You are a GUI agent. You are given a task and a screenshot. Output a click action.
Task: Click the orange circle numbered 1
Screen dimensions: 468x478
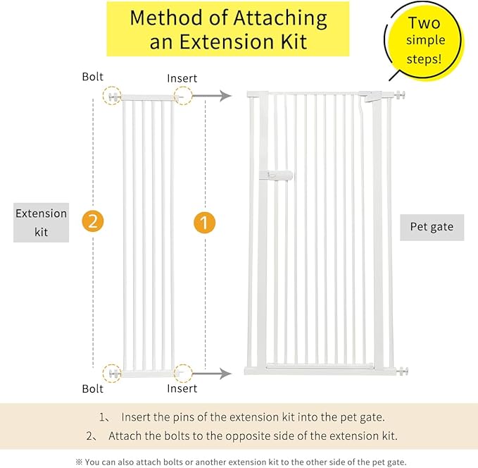(x=204, y=223)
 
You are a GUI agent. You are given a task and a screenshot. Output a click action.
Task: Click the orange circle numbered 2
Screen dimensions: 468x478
(x=93, y=221)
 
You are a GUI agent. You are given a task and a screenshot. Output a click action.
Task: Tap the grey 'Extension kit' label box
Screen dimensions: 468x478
(x=41, y=222)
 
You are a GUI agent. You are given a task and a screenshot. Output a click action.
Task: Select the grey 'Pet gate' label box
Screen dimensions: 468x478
(x=432, y=227)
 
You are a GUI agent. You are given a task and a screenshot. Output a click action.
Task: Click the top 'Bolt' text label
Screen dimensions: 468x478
(x=92, y=76)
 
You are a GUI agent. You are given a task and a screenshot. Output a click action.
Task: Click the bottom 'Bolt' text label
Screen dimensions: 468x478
(x=92, y=388)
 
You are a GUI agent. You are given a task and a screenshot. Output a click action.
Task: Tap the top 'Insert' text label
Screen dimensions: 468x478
(x=182, y=78)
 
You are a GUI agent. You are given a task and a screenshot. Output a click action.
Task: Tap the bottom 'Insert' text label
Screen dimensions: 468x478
(x=182, y=388)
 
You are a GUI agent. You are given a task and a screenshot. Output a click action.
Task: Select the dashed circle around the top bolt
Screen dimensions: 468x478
(x=112, y=97)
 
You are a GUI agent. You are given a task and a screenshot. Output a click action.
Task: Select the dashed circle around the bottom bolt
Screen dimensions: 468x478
(x=112, y=373)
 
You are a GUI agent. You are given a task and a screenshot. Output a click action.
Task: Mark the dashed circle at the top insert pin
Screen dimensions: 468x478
(x=183, y=96)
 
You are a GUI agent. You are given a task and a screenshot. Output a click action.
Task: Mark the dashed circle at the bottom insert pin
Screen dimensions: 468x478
(x=183, y=373)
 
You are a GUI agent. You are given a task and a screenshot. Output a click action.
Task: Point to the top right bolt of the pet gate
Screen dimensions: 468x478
(x=402, y=94)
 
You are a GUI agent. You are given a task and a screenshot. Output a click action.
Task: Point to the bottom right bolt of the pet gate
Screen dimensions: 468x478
(x=402, y=371)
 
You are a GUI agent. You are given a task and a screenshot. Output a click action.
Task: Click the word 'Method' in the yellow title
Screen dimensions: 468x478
(x=169, y=18)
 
